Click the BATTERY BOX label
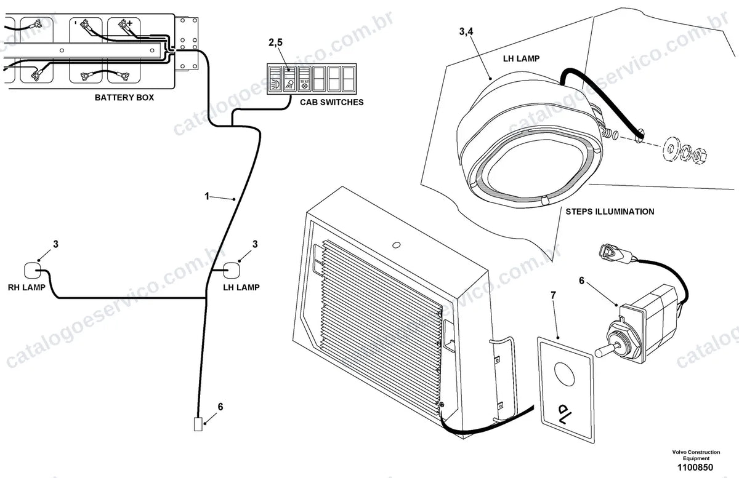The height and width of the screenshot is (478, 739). pyautogui.click(x=124, y=98)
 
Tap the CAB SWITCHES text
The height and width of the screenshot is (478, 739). pyautogui.click(x=331, y=102)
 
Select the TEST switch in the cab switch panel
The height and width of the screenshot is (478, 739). pyautogui.click(x=304, y=79)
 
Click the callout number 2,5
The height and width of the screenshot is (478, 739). pyautogui.click(x=275, y=42)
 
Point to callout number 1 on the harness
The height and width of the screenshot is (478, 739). pyautogui.click(x=207, y=196)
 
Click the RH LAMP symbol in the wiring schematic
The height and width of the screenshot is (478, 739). pyautogui.click(x=33, y=270)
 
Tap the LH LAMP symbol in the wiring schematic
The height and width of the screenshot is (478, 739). pyautogui.click(x=232, y=270)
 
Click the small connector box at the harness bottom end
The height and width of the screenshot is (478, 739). pyautogui.click(x=198, y=424)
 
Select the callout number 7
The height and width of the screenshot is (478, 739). pyautogui.click(x=553, y=295)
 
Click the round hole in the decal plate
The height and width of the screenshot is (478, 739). pyautogui.click(x=565, y=374)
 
